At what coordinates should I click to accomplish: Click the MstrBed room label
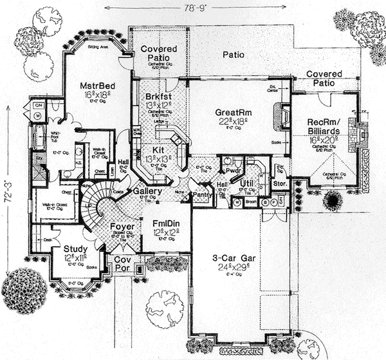(x=97, y=86)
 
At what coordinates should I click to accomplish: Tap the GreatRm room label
(x=232, y=111)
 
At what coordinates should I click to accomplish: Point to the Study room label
(x=76, y=249)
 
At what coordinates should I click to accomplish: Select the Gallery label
(x=147, y=192)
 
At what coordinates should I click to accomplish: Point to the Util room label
(x=247, y=184)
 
